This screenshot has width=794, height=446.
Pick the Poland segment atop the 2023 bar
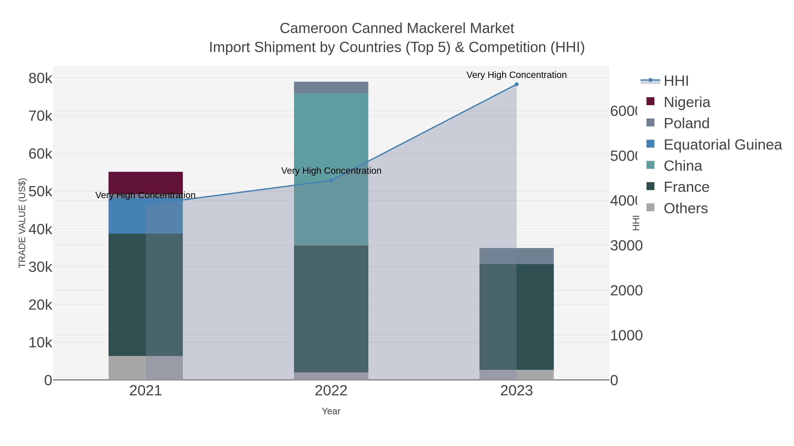tap(516, 256)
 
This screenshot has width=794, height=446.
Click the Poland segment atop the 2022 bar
tap(331, 87)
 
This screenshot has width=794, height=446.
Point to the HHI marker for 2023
tap(517, 84)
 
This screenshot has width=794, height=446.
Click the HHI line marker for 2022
tap(331, 180)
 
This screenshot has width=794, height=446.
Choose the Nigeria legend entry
tap(687, 102)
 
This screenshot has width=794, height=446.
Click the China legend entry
tap(683, 166)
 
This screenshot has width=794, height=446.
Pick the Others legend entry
tap(685, 208)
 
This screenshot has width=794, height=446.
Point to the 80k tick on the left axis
tap(40, 78)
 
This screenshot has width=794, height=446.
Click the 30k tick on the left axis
tap(40, 267)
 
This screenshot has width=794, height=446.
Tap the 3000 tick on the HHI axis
tap(626, 246)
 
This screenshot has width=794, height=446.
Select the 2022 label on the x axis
tap(331, 390)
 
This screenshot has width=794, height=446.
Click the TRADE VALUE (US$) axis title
tap(22, 223)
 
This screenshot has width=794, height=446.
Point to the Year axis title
tap(331, 411)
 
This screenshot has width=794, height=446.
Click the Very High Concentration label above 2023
tap(516, 75)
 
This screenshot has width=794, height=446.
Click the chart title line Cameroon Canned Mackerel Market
tap(397, 28)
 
